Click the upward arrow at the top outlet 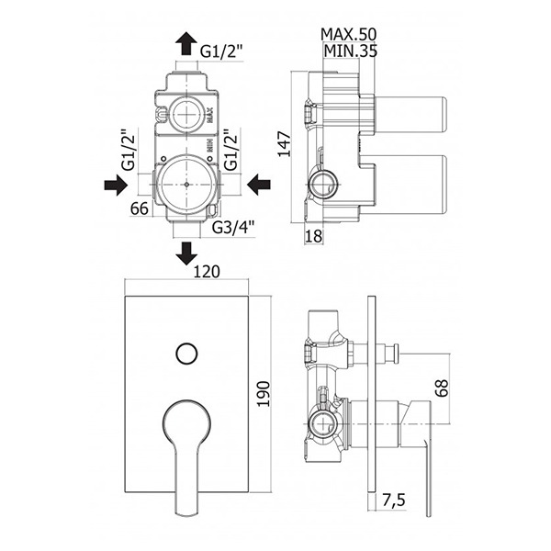(x=186, y=42)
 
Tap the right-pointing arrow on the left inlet (x=116, y=185)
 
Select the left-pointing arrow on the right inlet (x=259, y=185)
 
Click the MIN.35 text (x=350, y=51)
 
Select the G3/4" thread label (x=233, y=228)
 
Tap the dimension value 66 (x=139, y=208)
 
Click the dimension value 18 (x=314, y=235)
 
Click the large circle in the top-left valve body (x=187, y=184)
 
